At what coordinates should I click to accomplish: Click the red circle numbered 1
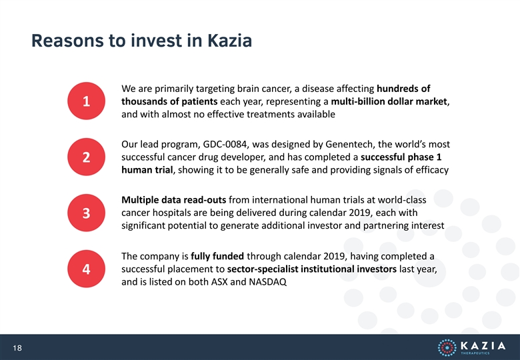[x=86, y=101]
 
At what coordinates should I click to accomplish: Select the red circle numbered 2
[x=86, y=157]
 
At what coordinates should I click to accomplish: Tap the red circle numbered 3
[x=86, y=213]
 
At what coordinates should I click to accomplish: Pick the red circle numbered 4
[x=86, y=269]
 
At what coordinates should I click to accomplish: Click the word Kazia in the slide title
[x=229, y=41]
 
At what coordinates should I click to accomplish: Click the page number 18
[x=17, y=348]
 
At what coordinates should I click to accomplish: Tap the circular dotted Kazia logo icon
[x=447, y=347]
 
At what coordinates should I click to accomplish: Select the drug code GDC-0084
[x=225, y=144]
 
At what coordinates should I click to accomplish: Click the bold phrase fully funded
[x=217, y=256]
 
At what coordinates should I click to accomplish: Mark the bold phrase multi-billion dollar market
[x=389, y=101]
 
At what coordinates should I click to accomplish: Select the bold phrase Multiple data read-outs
[x=174, y=200]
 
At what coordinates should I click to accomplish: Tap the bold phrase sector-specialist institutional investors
[x=312, y=269]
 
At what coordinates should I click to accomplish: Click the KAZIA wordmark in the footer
[x=483, y=346]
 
